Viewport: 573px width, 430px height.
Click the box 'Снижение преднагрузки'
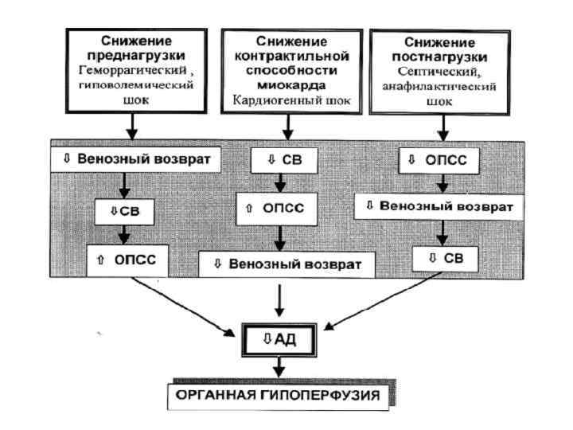tap(133, 69)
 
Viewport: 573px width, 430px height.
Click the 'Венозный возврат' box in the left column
tap(134, 158)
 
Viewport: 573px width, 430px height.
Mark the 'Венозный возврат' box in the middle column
tap(285, 263)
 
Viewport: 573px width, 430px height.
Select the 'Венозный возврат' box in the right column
tap(439, 205)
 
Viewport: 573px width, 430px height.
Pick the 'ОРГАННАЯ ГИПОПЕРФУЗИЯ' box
tap(278, 393)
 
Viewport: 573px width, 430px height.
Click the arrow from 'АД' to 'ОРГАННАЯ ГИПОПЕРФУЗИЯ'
tap(279, 367)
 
